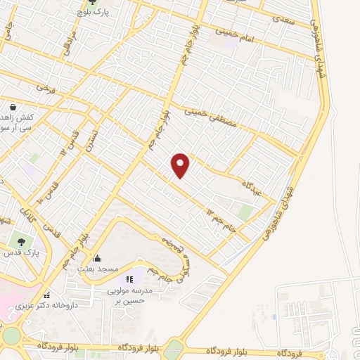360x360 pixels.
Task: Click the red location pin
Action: coord(181,165)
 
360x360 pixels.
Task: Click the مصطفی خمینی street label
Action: coord(209,112)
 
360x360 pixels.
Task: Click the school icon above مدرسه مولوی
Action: coord(129,280)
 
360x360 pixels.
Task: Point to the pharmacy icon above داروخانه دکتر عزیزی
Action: coord(46,295)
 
